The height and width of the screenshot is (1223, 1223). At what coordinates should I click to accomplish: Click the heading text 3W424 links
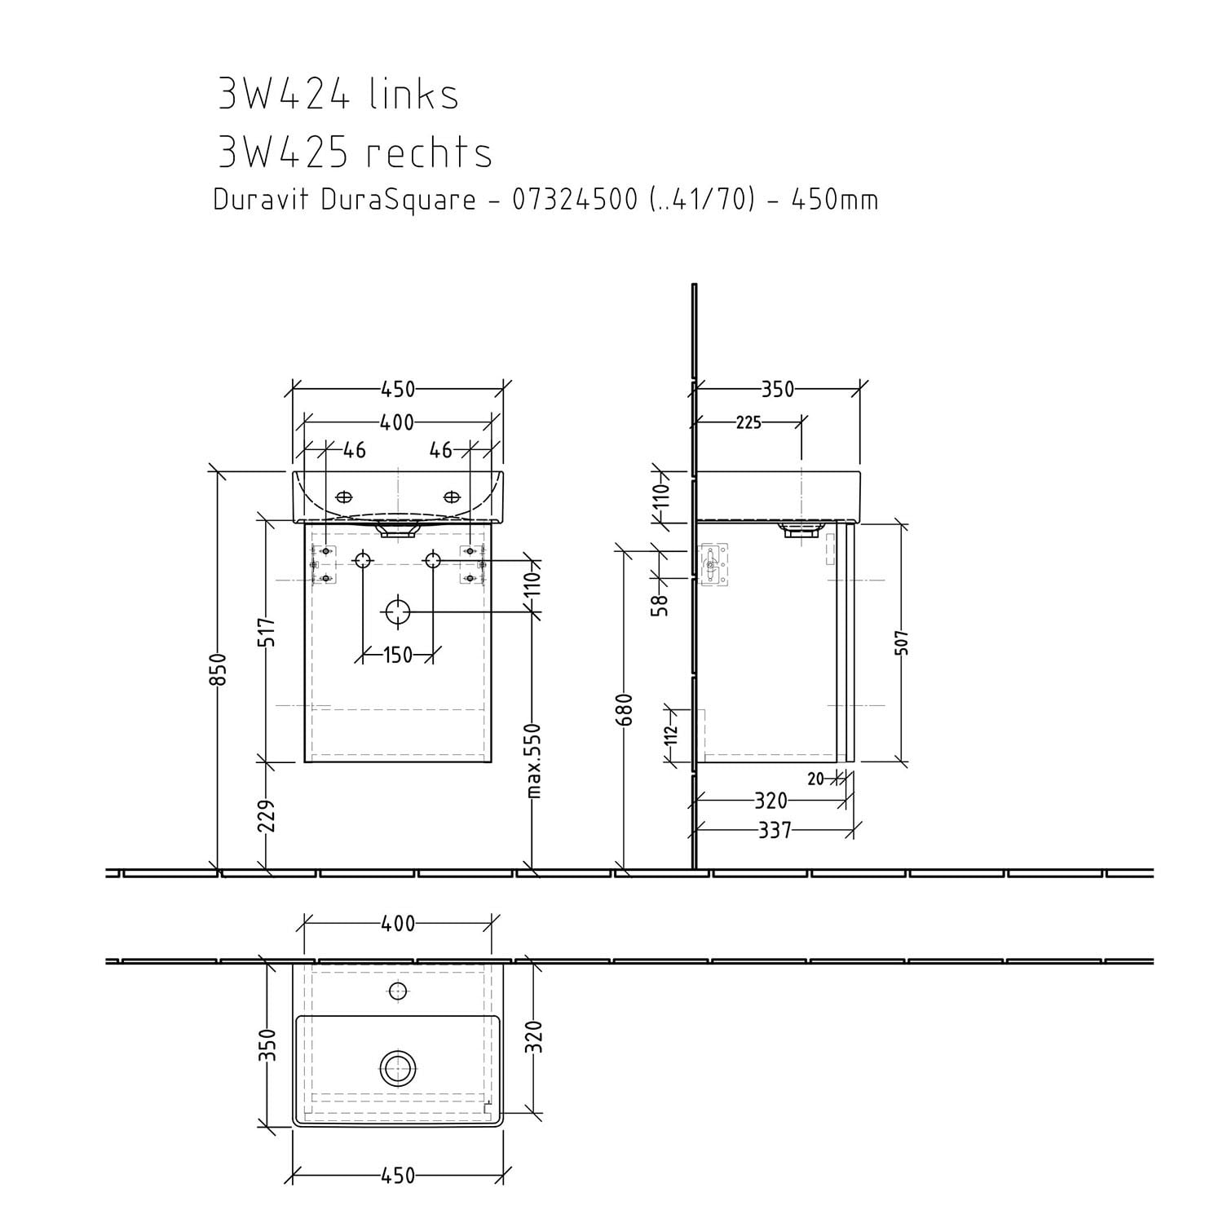[x=338, y=94]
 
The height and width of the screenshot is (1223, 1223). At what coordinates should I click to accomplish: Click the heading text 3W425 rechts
[x=355, y=152]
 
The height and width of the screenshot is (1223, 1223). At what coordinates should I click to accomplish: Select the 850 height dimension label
[x=219, y=670]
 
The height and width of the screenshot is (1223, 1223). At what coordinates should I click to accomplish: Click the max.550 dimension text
[x=533, y=760]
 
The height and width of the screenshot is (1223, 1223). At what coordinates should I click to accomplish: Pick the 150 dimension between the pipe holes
[x=397, y=655]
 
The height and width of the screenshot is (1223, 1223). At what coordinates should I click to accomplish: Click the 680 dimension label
[x=625, y=710]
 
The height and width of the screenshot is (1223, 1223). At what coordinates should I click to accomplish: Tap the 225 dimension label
[x=748, y=422]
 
